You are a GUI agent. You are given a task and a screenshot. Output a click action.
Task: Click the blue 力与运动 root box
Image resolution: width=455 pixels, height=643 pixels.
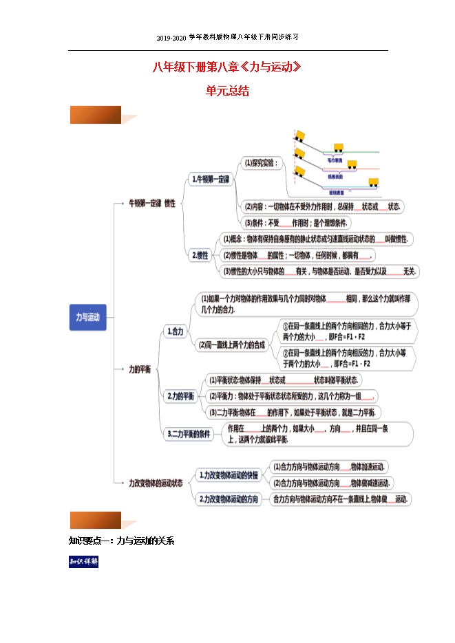pyautogui.click(x=87, y=317)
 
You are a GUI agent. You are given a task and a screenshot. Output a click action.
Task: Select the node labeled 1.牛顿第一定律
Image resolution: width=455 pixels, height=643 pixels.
pyautogui.click(x=211, y=179)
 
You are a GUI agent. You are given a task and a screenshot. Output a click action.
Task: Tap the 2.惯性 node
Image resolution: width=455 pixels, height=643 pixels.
pyautogui.click(x=200, y=254)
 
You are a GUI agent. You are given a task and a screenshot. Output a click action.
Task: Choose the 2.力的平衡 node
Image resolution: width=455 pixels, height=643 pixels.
pyautogui.click(x=181, y=397)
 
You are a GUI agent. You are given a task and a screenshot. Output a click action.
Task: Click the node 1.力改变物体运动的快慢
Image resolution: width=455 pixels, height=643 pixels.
pyautogui.click(x=229, y=475)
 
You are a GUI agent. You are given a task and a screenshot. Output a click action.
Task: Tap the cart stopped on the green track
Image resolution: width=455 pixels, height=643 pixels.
pyautogui.click(x=338, y=146)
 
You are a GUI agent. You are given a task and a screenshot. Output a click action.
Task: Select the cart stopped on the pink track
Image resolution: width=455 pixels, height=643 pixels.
pyautogui.click(x=351, y=164)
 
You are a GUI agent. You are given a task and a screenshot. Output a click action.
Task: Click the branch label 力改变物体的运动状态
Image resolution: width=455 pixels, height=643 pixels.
pyautogui.click(x=156, y=483)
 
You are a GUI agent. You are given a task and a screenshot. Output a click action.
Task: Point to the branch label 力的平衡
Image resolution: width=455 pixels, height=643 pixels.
pyautogui.click(x=140, y=369)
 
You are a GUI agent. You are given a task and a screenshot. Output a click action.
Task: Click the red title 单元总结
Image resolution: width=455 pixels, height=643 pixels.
pyautogui.click(x=227, y=91)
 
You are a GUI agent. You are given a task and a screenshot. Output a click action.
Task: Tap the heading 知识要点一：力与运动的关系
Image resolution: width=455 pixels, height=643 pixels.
pyautogui.click(x=122, y=541)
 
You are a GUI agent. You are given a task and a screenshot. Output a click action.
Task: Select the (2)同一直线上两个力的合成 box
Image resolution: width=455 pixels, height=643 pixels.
pyautogui.click(x=231, y=345)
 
